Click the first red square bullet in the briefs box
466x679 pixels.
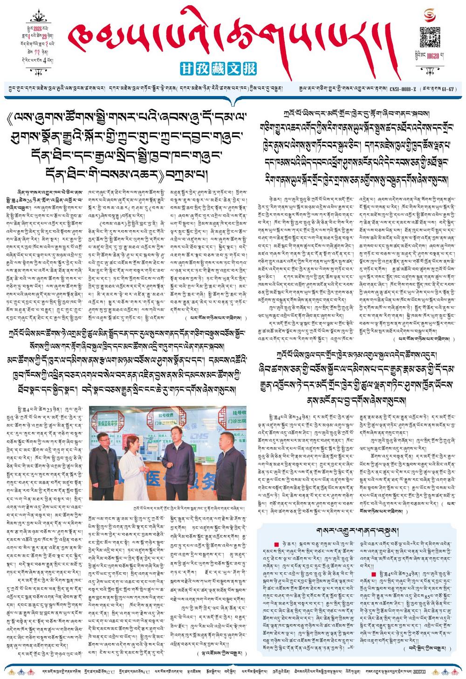(277, 544)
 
